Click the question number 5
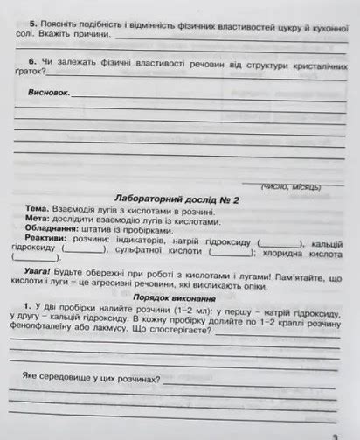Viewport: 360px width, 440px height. click(31, 26)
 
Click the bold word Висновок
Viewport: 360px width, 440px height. click(48, 91)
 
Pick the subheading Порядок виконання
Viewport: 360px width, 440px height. click(180, 297)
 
